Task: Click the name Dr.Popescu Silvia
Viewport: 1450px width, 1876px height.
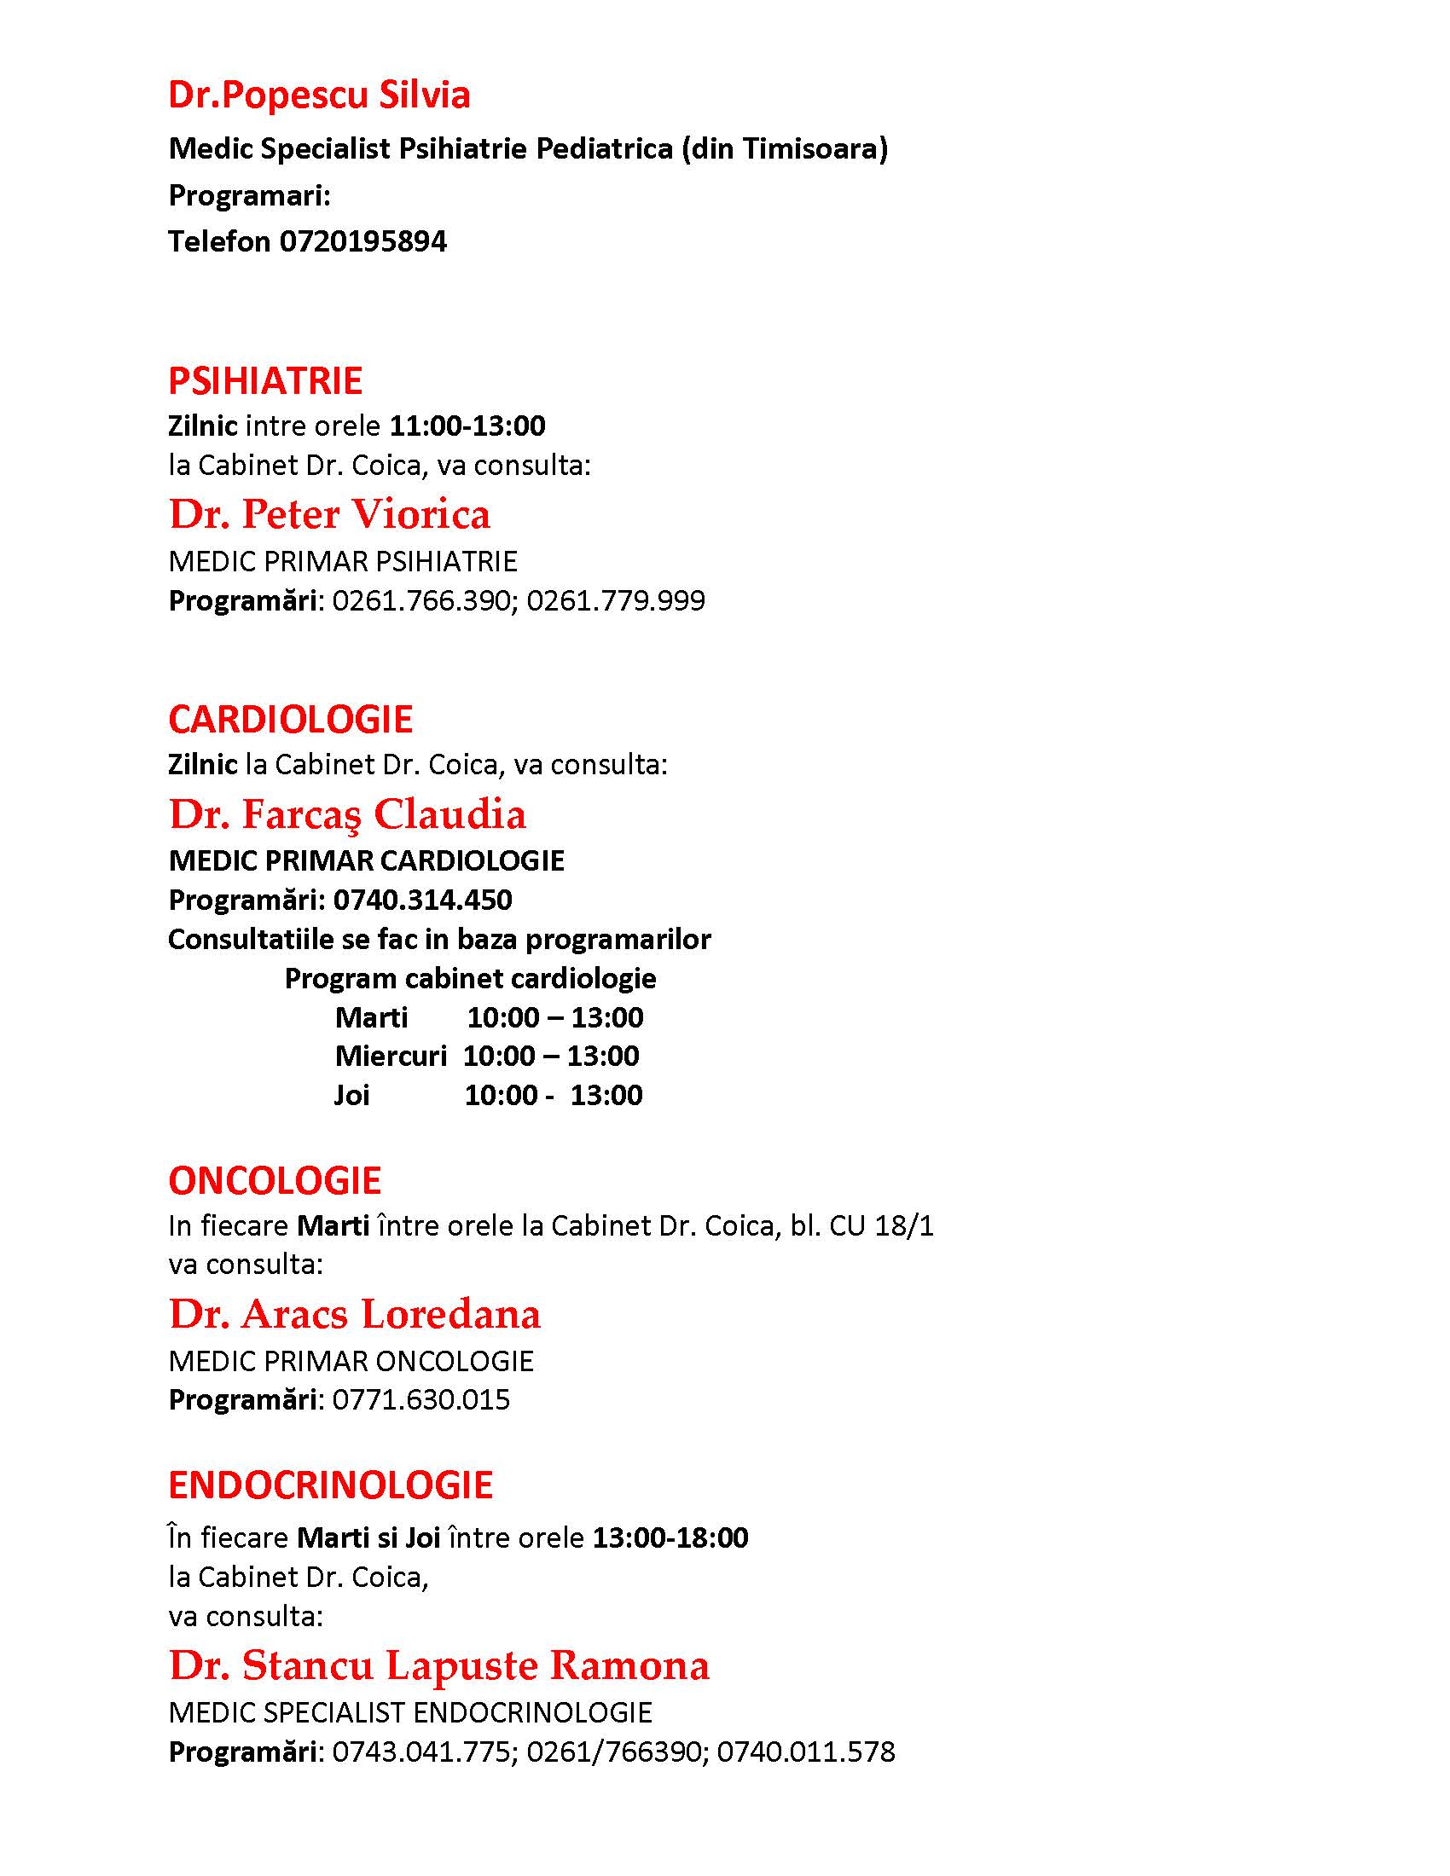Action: pos(319,95)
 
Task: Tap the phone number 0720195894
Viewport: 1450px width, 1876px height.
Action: pos(362,241)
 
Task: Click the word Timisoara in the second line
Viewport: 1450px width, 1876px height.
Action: pos(815,148)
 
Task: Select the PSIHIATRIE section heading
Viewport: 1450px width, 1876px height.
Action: pos(265,380)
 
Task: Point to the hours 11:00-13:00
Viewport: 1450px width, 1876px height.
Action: pos(467,426)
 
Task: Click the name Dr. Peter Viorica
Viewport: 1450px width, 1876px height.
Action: pos(330,513)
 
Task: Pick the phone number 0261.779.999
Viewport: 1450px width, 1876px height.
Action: pos(616,599)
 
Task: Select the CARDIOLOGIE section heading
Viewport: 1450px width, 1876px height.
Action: pos(290,719)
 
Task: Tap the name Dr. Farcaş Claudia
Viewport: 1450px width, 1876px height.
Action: pos(347,814)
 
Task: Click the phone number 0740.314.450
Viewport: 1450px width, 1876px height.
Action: pos(422,900)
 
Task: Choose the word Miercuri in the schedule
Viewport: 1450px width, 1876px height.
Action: pos(391,1055)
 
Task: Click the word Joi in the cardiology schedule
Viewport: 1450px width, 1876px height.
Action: pos(352,1094)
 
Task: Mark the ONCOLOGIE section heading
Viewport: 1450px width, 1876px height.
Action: pos(275,1180)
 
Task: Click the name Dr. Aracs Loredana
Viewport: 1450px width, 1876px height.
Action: pos(355,1313)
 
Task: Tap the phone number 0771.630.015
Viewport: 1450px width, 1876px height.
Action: pos(420,1399)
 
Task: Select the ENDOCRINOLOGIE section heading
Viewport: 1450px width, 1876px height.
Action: pos(331,1485)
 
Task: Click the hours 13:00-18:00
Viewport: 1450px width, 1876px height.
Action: pos(670,1537)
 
